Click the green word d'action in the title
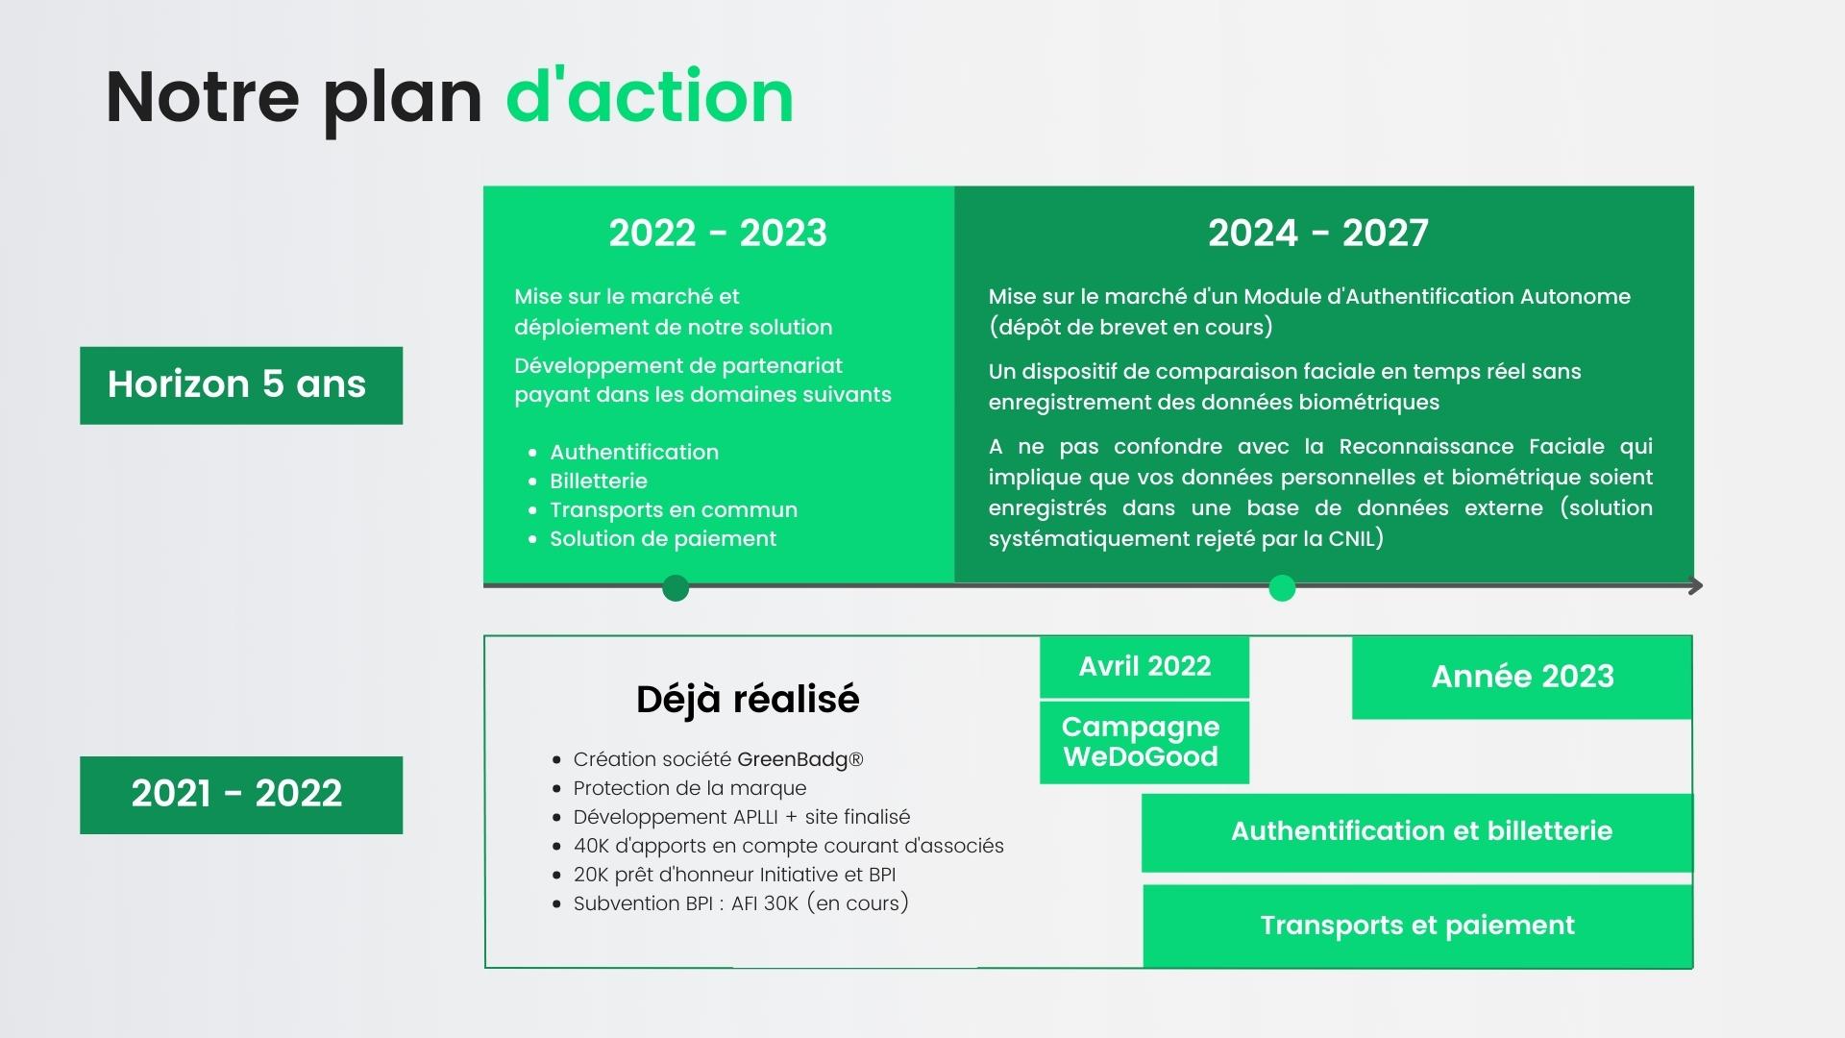650,96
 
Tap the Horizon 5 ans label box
241,385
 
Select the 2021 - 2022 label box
241,795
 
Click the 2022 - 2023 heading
718,233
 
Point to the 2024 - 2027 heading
1318,233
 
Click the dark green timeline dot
676,587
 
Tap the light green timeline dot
1282,587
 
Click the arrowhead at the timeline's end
1696,585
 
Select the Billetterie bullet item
599,481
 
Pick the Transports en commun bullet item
674,509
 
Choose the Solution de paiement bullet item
663,538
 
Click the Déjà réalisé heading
748,699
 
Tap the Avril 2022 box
1144,667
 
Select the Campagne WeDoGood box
1144,742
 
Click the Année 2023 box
1522,677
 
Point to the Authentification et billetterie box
1417,832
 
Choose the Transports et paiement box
1417,926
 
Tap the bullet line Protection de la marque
690,788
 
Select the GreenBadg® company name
800,759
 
